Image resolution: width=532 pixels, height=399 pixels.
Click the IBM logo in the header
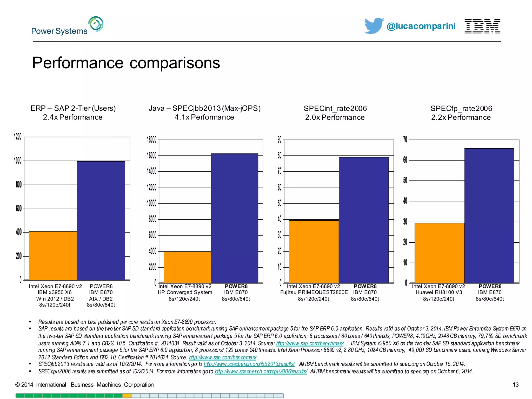pyautogui.click(x=482, y=26)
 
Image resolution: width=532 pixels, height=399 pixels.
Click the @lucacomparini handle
pyautogui.click(x=421, y=26)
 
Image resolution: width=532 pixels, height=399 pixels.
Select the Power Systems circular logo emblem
pyautogui.click(x=96, y=24)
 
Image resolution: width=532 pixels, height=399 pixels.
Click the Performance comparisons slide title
pyautogui.click(x=126, y=63)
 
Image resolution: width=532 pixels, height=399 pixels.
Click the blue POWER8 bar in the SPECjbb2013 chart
pyautogui.click(x=234, y=218)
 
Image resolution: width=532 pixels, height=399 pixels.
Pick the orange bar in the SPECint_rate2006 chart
pyautogui.click(x=314, y=251)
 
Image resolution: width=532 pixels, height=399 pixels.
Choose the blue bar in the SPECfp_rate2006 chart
pyautogui.click(x=489, y=216)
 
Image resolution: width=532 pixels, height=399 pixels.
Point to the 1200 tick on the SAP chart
pyautogui.click(x=18, y=137)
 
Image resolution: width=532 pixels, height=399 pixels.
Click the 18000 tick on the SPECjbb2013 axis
pyautogui.click(x=152, y=140)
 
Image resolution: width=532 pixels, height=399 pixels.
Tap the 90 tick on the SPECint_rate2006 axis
pyautogui.click(x=280, y=140)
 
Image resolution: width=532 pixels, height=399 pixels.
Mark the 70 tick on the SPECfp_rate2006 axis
pyautogui.click(x=405, y=140)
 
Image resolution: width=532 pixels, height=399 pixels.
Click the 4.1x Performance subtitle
pyautogui.click(x=204, y=117)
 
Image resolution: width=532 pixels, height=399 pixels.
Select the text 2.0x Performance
pyautogui.click(x=335, y=117)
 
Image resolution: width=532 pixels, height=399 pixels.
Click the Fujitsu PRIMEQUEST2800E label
pyautogui.click(x=314, y=292)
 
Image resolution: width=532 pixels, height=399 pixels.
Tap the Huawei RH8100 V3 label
pyautogui.click(x=439, y=292)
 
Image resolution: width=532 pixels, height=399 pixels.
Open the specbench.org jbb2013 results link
pyautogui.click(x=249, y=364)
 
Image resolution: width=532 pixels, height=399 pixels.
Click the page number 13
pyautogui.click(x=515, y=385)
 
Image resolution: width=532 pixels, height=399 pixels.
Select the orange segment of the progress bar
pyautogui.click(x=127, y=396)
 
